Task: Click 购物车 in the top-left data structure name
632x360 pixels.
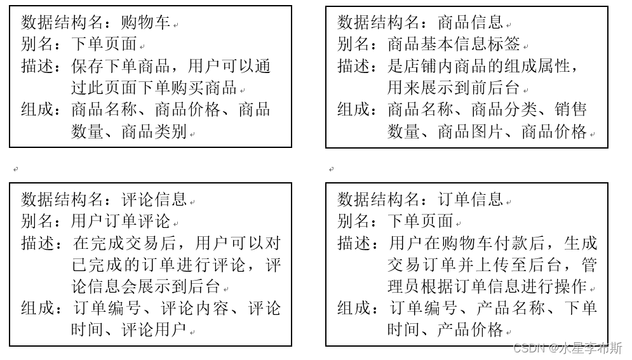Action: [x=145, y=23]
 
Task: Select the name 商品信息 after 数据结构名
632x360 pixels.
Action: [x=470, y=23]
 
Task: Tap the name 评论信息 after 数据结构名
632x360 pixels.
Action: [x=154, y=200]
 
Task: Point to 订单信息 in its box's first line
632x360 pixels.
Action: [x=470, y=200]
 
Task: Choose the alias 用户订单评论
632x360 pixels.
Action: [x=121, y=222]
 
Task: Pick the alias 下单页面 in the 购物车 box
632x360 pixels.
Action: [x=104, y=45]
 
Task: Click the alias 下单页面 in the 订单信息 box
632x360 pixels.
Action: [x=420, y=222]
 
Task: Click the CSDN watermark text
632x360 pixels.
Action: [x=568, y=349]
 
